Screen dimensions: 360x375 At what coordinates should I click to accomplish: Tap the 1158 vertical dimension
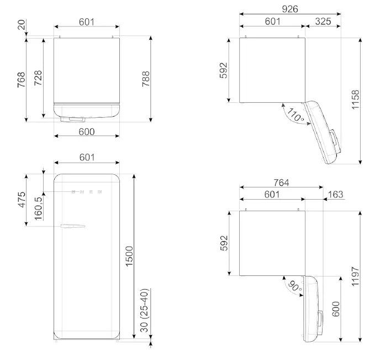[x=355, y=100]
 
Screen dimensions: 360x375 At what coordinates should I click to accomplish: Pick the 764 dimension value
[x=281, y=183]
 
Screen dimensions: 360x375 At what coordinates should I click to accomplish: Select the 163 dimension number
[x=335, y=195]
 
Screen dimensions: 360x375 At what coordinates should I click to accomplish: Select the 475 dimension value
[x=22, y=200]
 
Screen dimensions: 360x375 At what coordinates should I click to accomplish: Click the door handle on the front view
[x=73, y=226]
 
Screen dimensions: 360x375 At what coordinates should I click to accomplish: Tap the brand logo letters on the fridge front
[x=86, y=192]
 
